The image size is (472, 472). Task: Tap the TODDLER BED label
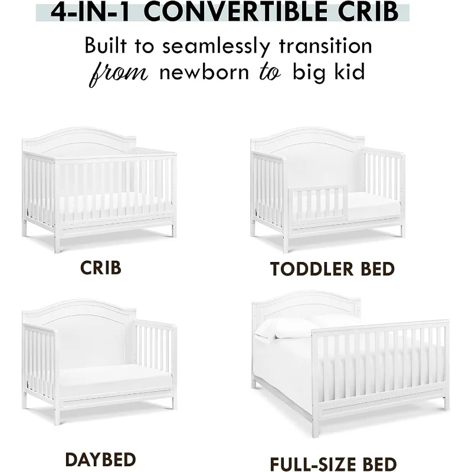[332, 269]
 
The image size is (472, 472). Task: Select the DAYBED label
[101, 459]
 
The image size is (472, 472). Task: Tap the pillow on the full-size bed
[289, 327]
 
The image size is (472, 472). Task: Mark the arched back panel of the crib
[80, 142]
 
